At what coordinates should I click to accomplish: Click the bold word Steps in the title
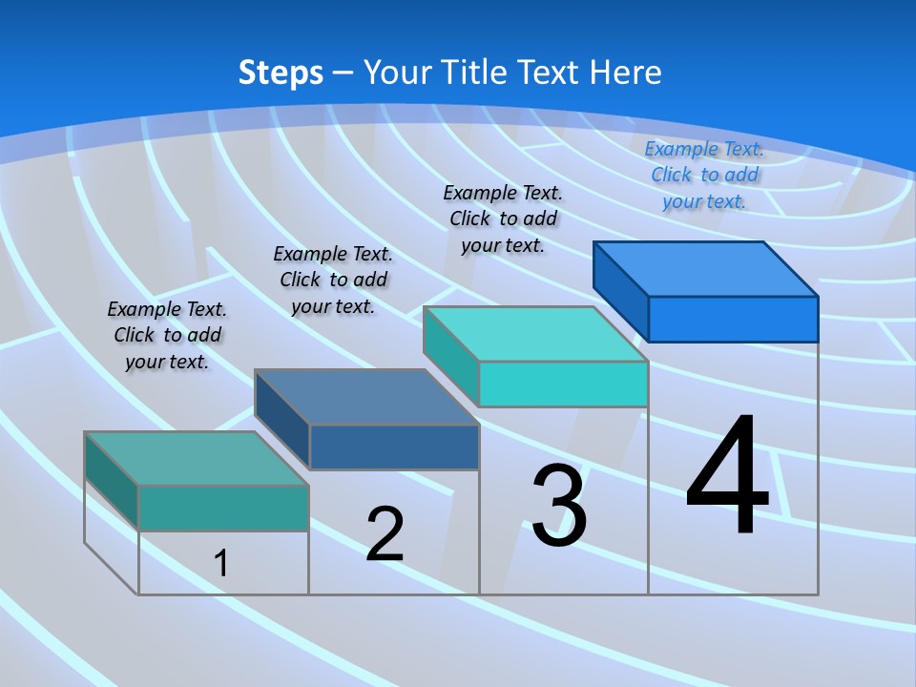pos(281,73)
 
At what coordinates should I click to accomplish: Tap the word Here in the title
pos(625,73)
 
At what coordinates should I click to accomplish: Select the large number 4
pos(727,476)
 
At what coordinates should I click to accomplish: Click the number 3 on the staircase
pos(559,506)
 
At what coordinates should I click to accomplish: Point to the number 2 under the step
pos(385,534)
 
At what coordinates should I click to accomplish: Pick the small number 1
pos(220,563)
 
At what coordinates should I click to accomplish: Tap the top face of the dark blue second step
pos(366,397)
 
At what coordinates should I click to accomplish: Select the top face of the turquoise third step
pos(535,334)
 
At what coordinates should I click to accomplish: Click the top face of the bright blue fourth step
pos(705,269)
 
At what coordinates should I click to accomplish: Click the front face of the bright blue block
pos(733,319)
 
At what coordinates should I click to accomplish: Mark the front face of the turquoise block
pos(563,384)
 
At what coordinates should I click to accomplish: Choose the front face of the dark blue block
pos(394,448)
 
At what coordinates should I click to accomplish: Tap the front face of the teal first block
pos(223,508)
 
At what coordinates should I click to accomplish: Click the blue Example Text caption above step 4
pos(704,175)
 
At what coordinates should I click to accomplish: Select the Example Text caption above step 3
pos(503,219)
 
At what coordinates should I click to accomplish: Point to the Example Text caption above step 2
pos(333,280)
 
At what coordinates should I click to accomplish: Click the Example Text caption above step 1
pos(167,335)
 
